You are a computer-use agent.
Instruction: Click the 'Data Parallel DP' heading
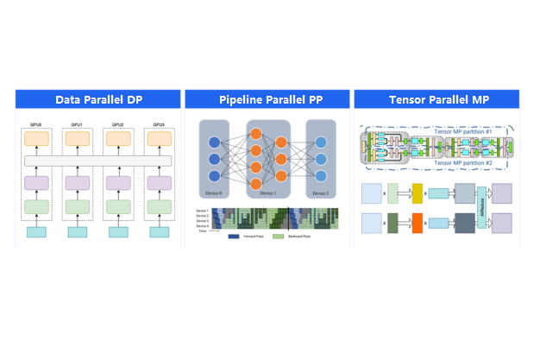[x=98, y=99]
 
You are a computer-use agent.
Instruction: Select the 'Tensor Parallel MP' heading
[x=438, y=99]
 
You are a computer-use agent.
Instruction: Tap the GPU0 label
[x=37, y=124]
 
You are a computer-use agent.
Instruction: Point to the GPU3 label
[x=156, y=124]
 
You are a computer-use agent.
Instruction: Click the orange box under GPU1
[x=77, y=138]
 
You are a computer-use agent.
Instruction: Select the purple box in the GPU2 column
[x=116, y=183]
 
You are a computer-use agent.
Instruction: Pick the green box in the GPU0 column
[x=37, y=207]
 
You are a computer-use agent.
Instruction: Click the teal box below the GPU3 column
[x=156, y=232]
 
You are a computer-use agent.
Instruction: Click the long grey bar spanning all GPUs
[x=97, y=161]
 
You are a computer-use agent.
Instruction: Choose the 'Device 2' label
[x=320, y=193]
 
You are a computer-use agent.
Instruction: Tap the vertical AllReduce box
[x=481, y=208]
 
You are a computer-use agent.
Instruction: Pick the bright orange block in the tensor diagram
[x=418, y=223]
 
